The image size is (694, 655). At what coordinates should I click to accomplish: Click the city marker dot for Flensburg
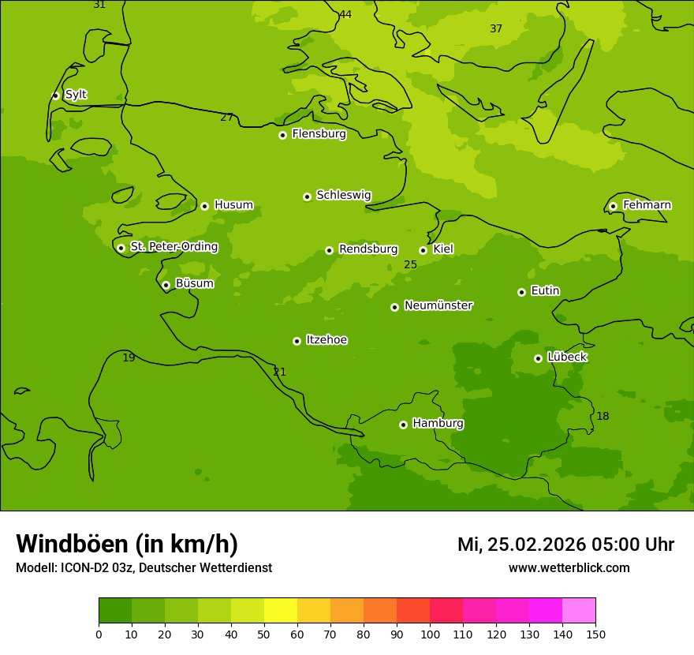click(x=282, y=135)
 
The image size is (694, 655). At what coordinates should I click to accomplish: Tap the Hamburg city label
click(x=438, y=424)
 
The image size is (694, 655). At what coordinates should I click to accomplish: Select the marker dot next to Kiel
click(x=423, y=250)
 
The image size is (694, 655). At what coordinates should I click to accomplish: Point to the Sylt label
click(x=76, y=95)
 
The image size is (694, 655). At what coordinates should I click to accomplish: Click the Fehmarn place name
click(x=647, y=205)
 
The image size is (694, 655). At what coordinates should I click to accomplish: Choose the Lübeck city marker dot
click(x=538, y=358)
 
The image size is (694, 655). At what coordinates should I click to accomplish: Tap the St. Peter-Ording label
click(x=173, y=247)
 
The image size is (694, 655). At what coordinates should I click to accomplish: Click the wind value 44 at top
click(x=345, y=15)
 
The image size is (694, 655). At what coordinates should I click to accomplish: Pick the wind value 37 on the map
click(x=496, y=29)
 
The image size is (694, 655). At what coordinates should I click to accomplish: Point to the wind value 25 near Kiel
click(x=410, y=265)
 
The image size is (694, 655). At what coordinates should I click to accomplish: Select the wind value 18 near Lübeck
click(x=603, y=417)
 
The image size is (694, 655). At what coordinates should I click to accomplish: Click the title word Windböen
click(x=72, y=545)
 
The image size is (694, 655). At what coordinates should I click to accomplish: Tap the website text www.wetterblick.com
click(x=569, y=568)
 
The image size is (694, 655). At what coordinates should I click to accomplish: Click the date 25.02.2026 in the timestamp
click(x=536, y=545)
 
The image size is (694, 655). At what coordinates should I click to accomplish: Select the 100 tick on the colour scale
click(x=430, y=634)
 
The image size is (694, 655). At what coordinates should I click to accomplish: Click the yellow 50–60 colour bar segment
click(x=281, y=611)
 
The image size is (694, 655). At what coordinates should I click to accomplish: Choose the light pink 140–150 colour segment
click(x=579, y=611)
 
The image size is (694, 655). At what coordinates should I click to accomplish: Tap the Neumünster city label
click(x=438, y=305)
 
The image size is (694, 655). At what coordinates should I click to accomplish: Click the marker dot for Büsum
click(x=166, y=285)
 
